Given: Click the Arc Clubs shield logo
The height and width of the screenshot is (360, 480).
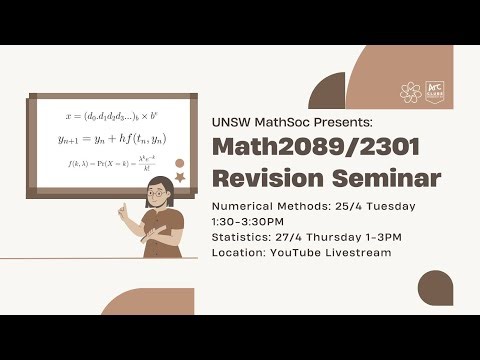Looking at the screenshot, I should tap(435, 92).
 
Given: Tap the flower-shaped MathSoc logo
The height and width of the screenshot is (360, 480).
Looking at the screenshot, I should tap(410, 92).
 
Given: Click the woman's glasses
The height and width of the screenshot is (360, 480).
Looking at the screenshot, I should tap(158, 200).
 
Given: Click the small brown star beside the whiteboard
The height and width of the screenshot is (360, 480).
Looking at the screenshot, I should tap(179, 177).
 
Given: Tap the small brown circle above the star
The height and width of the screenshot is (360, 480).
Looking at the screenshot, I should tap(180, 163).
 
